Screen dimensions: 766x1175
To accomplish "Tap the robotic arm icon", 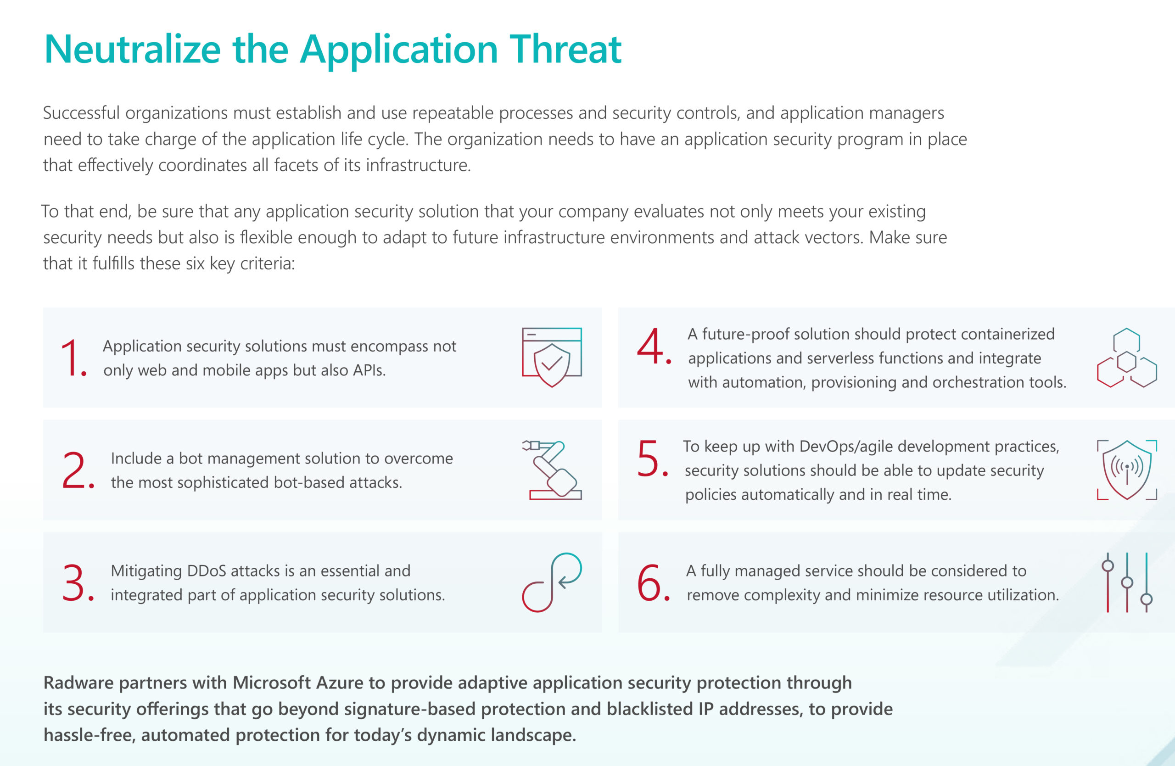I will click(x=552, y=470).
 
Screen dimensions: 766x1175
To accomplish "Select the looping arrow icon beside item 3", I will click(x=552, y=582).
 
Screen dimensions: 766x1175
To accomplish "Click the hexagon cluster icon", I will click(x=1127, y=358).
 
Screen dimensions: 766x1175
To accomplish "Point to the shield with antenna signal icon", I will click(x=1127, y=470).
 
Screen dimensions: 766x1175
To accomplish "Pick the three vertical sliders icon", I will click(x=1127, y=582).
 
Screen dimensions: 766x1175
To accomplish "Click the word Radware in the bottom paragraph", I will click(x=78, y=683).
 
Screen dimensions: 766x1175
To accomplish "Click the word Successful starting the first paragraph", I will click(x=81, y=113).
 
